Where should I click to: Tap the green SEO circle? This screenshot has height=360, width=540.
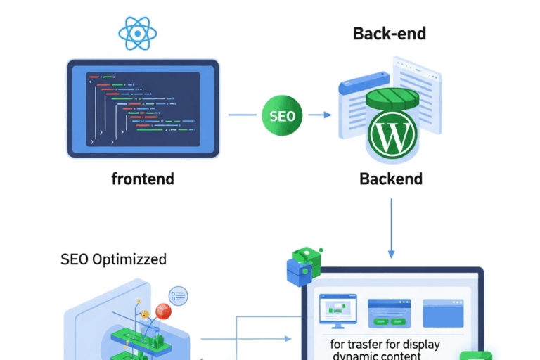(282, 115)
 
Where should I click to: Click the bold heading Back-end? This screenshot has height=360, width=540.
(390, 33)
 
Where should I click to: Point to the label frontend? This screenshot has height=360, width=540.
(143, 179)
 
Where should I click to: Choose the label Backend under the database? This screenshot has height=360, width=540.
(391, 179)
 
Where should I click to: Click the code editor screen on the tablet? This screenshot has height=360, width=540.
(143, 109)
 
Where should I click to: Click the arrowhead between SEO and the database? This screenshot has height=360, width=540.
(327, 115)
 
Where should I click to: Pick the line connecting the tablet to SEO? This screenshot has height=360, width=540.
(243, 115)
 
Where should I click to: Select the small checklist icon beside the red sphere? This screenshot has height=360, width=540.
(179, 295)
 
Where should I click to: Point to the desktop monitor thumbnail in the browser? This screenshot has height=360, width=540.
(338, 310)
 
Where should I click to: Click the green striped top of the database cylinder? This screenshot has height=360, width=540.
(392, 96)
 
